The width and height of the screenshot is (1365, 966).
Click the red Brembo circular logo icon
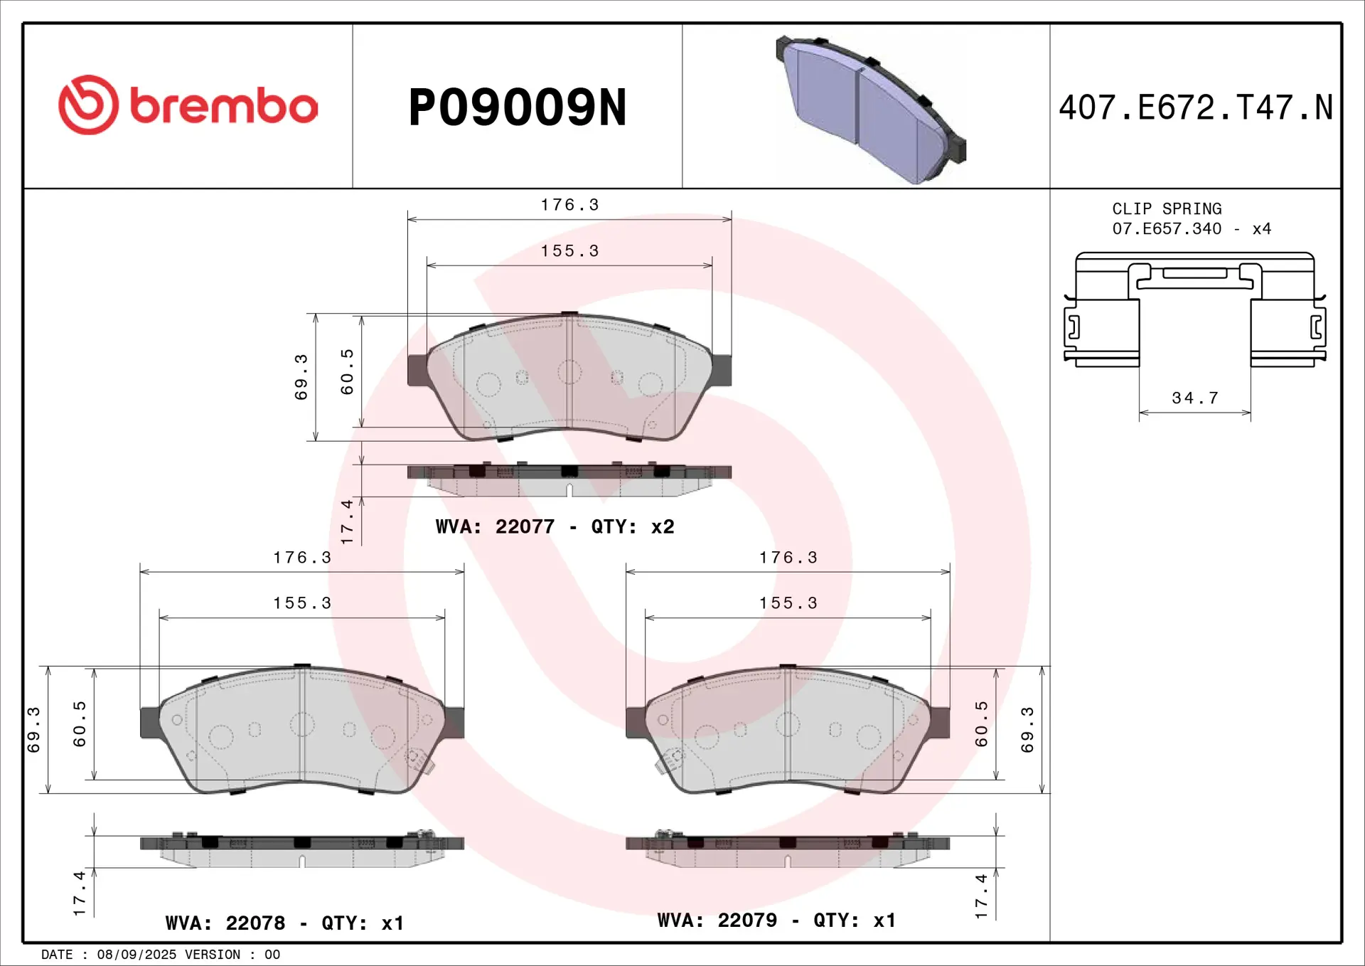(88, 105)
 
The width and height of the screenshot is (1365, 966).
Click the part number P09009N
(517, 108)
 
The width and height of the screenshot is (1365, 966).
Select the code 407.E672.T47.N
(1195, 108)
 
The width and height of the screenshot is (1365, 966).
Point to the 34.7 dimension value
(1195, 398)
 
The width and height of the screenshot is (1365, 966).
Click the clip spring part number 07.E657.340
(1167, 229)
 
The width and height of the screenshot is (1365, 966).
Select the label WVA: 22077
(495, 527)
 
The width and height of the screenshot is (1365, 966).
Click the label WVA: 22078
(225, 923)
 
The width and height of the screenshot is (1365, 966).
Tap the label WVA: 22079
(717, 920)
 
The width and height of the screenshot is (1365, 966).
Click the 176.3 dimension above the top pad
(569, 206)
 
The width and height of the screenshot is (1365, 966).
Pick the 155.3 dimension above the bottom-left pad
(302, 604)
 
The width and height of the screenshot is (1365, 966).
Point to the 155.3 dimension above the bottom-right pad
(788, 604)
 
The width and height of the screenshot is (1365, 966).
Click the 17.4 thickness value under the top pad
(347, 521)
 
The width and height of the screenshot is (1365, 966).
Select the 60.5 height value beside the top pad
(347, 372)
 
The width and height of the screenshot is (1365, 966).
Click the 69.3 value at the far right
(1027, 730)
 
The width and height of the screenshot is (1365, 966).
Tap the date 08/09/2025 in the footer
(136, 955)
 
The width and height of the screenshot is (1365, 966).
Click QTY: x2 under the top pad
(632, 527)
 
